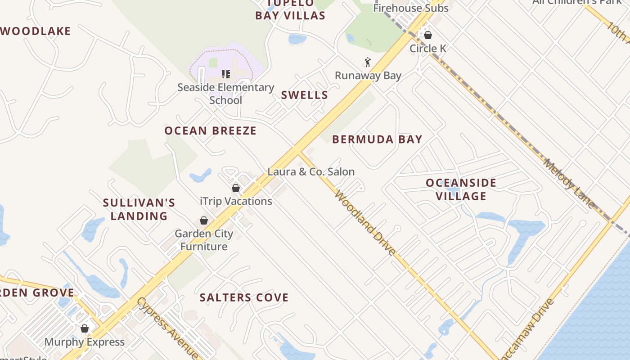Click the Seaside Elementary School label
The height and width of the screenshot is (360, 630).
point(225,94)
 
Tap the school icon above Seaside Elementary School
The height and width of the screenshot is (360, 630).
point(225,74)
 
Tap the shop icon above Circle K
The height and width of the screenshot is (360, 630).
point(428,35)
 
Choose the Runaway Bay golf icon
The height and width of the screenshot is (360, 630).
point(368,62)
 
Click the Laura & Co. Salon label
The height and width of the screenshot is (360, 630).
point(311,171)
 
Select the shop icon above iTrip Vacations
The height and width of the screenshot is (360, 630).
point(236,188)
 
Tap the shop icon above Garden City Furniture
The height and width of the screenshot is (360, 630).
point(204,220)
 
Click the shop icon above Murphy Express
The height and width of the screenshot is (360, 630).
point(85,328)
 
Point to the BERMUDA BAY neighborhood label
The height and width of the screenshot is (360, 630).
point(377,139)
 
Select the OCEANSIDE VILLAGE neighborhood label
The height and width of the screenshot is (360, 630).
point(461,189)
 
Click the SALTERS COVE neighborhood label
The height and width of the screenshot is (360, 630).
point(244,297)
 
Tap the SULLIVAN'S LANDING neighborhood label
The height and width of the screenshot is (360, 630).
point(139,209)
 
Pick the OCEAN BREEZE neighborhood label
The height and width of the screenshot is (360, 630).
point(210,131)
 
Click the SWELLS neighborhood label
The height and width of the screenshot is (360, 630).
point(305,95)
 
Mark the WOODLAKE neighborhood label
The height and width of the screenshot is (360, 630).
point(36,31)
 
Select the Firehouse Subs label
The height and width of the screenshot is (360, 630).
point(411,8)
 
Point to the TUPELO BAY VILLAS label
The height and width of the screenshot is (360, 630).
point(290,10)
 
